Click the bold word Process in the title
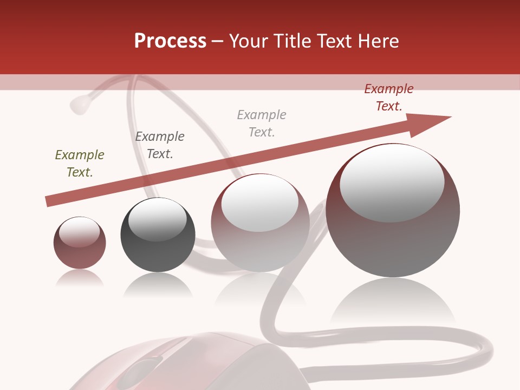(170, 41)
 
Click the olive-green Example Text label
(80, 164)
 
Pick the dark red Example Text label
(389, 97)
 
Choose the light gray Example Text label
(262, 123)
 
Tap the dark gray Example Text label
(160, 145)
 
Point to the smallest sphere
(80, 243)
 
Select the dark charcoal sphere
(158, 235)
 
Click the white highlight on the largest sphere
(392, 183)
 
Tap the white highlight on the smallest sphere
(79, 232)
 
